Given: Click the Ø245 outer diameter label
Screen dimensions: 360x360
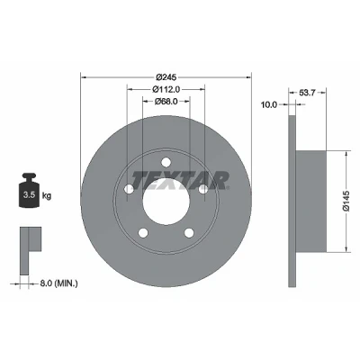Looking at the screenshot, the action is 166,77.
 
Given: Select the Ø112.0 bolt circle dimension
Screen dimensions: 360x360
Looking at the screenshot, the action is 166,89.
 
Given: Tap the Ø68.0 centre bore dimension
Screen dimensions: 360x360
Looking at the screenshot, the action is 166,102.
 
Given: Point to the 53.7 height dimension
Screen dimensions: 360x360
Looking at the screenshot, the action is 307,93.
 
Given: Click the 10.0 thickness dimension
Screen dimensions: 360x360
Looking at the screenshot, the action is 268,104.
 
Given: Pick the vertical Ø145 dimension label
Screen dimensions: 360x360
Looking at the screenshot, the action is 346,201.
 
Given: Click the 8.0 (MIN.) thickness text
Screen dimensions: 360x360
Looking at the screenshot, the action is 58,283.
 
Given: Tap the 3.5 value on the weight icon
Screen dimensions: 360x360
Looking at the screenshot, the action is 30,195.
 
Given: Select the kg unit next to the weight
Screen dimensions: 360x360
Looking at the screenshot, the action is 47,196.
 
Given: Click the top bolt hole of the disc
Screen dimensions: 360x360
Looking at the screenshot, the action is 166,162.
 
